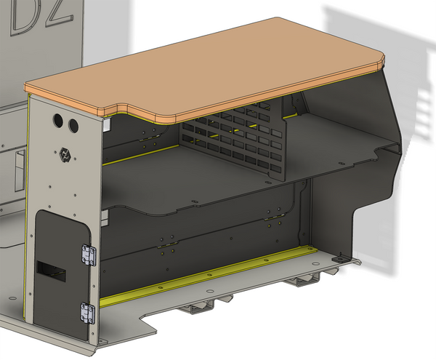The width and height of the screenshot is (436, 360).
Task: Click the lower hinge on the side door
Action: tap(88, 312)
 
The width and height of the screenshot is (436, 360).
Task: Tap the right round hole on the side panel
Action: tap(73, 126)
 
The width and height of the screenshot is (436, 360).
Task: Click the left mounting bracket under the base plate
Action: tap(200, 309)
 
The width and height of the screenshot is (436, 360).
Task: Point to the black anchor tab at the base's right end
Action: tap(338, 259)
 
